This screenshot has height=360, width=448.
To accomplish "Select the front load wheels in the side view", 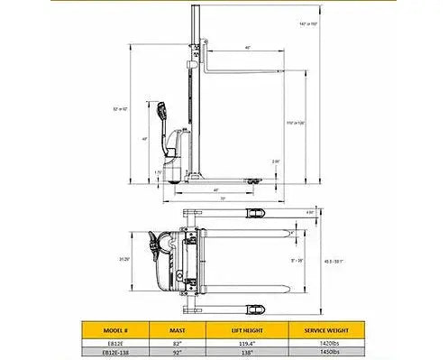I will pyautogui.click(x=253, y=183).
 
